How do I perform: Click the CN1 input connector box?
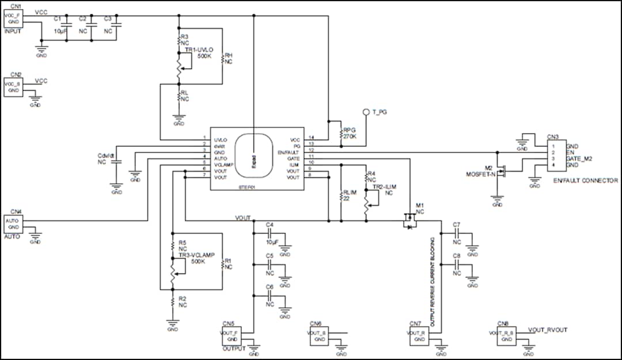(13, 18)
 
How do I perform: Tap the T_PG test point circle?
(365, 112)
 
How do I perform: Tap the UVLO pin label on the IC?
(221, 140)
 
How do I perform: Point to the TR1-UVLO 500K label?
(200, 54)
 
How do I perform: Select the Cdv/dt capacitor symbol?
(117, 163)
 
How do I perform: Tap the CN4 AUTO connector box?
(13, 223)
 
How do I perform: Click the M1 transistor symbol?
(409, 221)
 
